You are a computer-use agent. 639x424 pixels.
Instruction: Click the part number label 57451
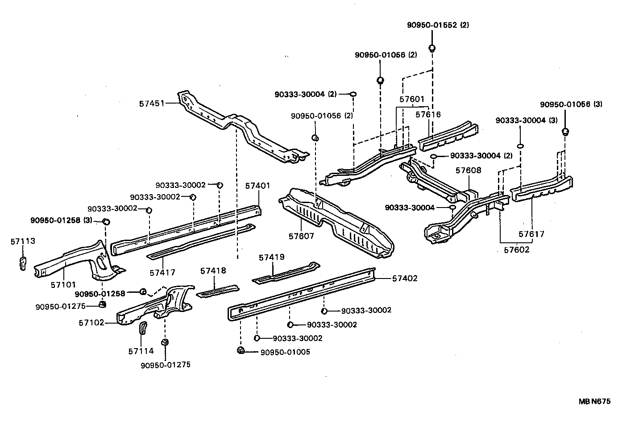pyautogui.click(x=152, y=104)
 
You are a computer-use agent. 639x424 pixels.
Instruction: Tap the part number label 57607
pyautogui.click(x=301, y=236)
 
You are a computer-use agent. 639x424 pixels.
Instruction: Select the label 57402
pyautogui.click(x=405, y=279)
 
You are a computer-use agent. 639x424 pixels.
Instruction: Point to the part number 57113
pyautogui.click(x=23, y=241)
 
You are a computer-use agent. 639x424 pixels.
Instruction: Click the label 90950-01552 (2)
pyautogui.click(x=437, y=25)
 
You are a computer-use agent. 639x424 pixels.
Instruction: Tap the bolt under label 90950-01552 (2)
pyautogui.click(x=432, y=48)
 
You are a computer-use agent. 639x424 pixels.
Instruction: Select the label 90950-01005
pyautogui.click(x=285, y=352)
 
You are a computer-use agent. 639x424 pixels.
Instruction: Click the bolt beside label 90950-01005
pyautogui.click(x=241, y=350)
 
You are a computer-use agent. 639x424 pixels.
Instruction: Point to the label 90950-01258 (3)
pyautogui.click(x=61, y=220)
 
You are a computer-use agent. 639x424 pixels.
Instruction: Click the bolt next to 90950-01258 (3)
pyautogui.click(x=107, y=221)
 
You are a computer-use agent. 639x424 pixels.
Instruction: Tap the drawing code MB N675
pyautogui.click(x=594, y=401)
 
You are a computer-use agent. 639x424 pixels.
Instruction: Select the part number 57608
pyautogui.click(x=468, y=170)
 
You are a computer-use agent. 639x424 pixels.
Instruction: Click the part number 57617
pyautogui.click(x=531, y=234)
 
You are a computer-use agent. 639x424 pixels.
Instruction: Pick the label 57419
pyautogui.click(x=271, y=257)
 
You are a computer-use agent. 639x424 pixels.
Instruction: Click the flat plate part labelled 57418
pyautogui.click(x=218, y=290)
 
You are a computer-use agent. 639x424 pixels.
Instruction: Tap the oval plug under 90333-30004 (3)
pyautogui.click(x=520, y=145)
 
